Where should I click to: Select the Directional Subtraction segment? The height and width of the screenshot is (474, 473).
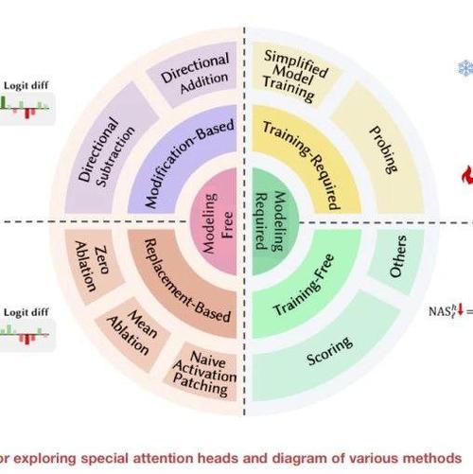[107, 151]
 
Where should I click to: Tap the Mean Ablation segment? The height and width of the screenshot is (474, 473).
[132, 333]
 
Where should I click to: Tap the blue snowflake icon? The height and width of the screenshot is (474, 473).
[465, 68]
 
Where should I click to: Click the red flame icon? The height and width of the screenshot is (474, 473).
[467, 175]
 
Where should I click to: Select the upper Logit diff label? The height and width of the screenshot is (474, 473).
[26, 85]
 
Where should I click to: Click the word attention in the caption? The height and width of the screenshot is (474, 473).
[164, 458]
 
